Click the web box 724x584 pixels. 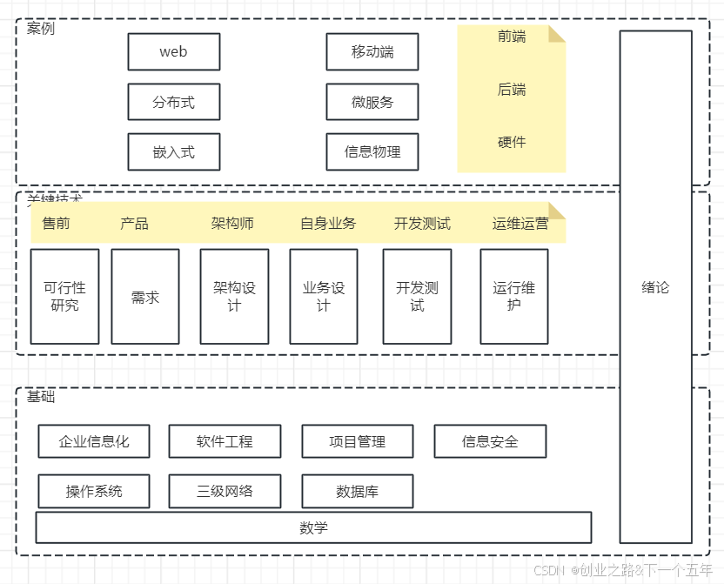point(173,52)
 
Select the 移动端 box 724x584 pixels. point(372,52)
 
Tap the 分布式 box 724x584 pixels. point(173,102)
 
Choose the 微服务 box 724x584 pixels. point(372,102)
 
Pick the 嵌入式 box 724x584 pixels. point(173,152)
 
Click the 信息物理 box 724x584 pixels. point(372,152)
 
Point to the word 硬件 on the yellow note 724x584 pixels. point(512,142)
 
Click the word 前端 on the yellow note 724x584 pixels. point(512,37)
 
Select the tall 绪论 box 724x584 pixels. point(655,287)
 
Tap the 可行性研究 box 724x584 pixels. point(64,296)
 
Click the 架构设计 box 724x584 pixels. point(234,296)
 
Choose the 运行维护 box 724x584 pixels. point(513,296)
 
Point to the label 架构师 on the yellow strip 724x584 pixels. point(232,224)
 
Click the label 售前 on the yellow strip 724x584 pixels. point(56,224)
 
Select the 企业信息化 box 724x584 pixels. point(94,441)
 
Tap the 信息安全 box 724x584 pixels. point(490,441)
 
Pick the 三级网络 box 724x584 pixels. point(225,491)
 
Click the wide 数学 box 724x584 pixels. point(313,527)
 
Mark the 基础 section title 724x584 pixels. point(40,397)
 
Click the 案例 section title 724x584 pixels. point(40,29)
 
